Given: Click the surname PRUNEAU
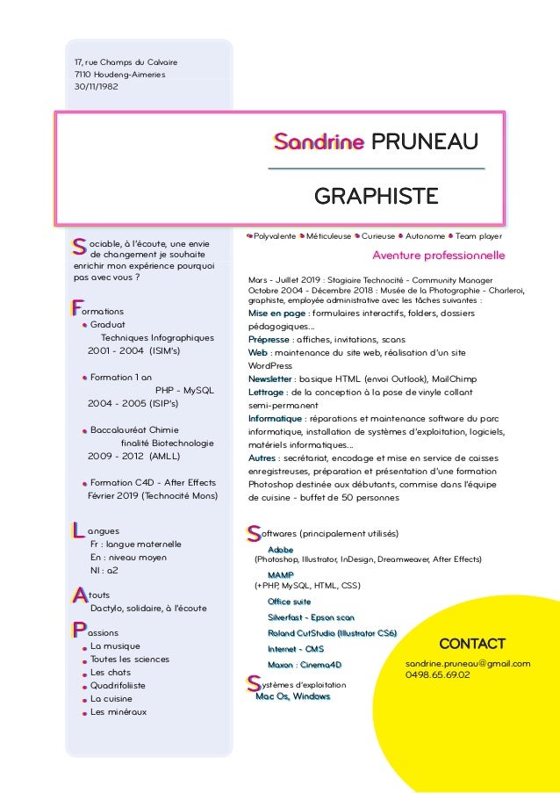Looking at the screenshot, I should (425, 141).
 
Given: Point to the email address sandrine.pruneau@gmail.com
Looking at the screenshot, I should (467, 663).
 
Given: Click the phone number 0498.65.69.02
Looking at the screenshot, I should (437, 675).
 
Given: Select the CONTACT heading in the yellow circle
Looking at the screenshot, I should (471, 644).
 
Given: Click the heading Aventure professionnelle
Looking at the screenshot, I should (438, 256).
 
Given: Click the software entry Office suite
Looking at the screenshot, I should (290, 601).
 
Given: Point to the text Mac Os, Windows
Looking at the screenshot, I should (292, 696).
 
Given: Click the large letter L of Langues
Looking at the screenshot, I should (76, 530).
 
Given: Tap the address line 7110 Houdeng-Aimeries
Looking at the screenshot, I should (120, 75).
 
